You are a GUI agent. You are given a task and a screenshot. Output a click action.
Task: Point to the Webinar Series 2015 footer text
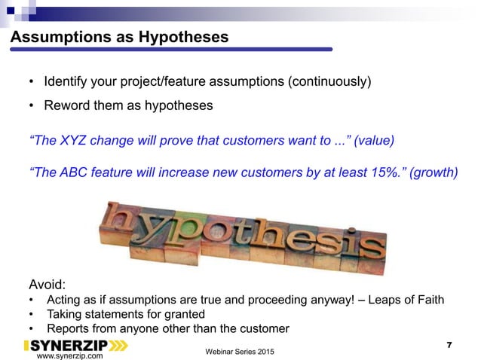(x=240, y=352)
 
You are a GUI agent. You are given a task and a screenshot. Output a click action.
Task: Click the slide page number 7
(x=449, y=345)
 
